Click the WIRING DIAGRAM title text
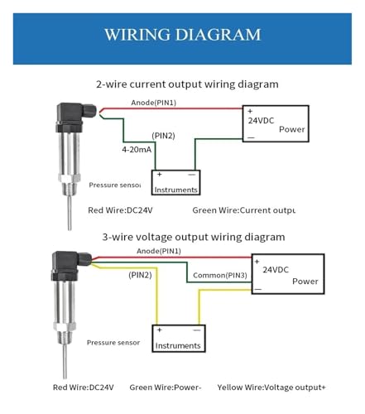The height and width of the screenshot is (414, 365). click(x=182, y=35)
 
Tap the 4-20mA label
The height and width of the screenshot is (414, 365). click(x=137, y=150)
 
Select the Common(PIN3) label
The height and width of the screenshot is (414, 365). click(x=220, y=275)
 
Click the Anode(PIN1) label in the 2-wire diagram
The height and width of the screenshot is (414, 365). click(x=153, y=103)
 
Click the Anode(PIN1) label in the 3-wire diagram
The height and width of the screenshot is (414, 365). click(x=159, y=251)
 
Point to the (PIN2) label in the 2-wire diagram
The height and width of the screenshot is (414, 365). click(x=163, y=136)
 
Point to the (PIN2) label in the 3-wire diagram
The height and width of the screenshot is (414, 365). click(x=140, y=275)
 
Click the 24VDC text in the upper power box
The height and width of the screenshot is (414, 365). click(x=261, y=121)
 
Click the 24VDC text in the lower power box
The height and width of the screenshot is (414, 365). click(x=276, y=270)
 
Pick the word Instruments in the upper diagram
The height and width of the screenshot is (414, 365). click(x=175, y=190)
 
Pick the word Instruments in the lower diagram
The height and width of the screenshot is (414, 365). click(x=178, y=345)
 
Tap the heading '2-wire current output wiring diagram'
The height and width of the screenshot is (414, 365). click(x=187, y=84)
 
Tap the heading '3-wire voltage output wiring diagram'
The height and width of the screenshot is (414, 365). click(x=194, y=237)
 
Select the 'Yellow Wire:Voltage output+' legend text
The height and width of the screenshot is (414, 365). click(x=271, y=388)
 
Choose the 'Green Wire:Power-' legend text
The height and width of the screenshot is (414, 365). click(x=166, y=388)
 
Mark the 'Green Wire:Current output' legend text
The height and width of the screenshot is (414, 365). click(x=244, y=210)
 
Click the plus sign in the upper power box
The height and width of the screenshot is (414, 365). click(x=250, y=111)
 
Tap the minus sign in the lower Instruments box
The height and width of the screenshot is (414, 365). click(x=197, y=330)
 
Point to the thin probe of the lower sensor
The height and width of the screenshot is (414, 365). click(x=65, y=361)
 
